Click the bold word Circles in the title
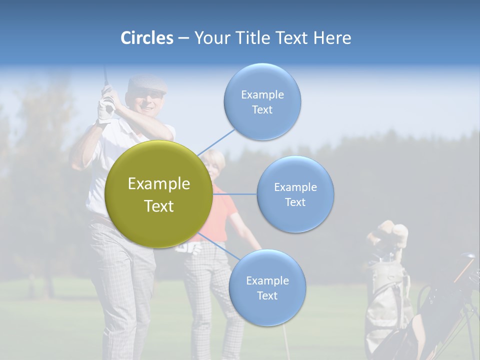pyautogui.click(x=147, y=38)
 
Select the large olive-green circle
pyautogui.click(x=158, y=194)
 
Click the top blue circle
pyautogui.click(x=262, y=101)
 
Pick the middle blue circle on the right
pyautogui.click(x=295, y=194)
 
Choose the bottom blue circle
pyautogui.click(x=267, y=287)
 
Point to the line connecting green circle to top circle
pyautogui.click(x=216, y=142)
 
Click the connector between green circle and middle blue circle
pyautogui.click(x=234, y=194)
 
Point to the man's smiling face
pyautogui.click(x=147, y=102)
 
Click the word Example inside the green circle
pyautogui.click(x=158, y=184)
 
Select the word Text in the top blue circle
pyautogui.click(x=262, y=110)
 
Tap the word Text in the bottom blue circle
pyautogui.click(x=267, y=296)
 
